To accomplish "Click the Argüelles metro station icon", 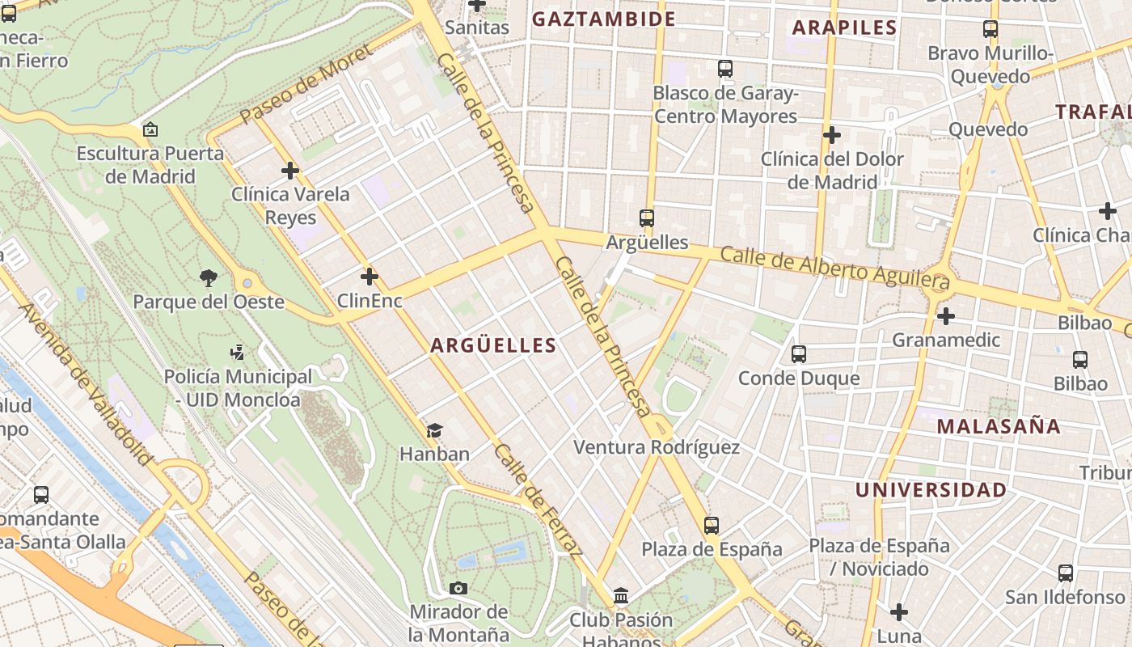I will pyautogui.click(x=646, y=218).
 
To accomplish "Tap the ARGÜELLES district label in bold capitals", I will pyautogui.click(x=493, y=345).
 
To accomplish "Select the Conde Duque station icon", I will pyautogui.click(x=799, y=353).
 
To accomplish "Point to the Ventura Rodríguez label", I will pyautogui.click(x=656, y=447).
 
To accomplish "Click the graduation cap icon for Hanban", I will pyautogui.click(x=434, y=430).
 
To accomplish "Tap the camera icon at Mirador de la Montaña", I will pyautogui.click(x=458, y=588).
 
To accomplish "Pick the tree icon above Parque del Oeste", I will pyautogui.click(x=209, y=278).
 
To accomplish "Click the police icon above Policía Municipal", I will pyautogui.click(x=237, y=353).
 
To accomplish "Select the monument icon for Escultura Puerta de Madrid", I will pyautogui.click(x=150, y=129).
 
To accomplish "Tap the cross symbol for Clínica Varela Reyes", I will pyautogui.click(x=290, y=171).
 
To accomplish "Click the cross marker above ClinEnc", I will pyautogui.click(x=370, y=277).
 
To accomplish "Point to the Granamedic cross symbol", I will pyautogui.click(x=945, y=316).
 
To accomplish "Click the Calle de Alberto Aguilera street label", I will pyautogui.click(x=834, y=268).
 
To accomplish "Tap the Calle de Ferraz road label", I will pyautogui.click(x=539, y=501).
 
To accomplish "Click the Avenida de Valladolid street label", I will pyautogui.click(x=84, y=385).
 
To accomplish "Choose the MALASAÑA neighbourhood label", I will pyautogui.click(x=998, y=427).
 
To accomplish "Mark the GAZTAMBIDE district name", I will pyautogui.click(x=603, y=19).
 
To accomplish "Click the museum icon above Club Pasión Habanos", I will pyautogui.click(x=621, y=596).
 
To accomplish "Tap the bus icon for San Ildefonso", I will pyautogui.click(x=1066, y=573).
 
